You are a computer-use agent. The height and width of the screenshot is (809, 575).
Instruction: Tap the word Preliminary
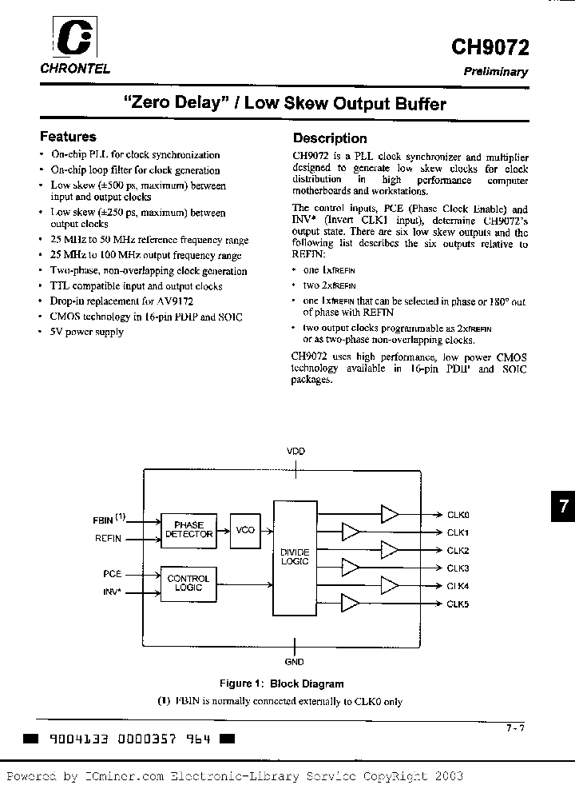[496, 72]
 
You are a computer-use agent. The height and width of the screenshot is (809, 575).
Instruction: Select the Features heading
[68, 137]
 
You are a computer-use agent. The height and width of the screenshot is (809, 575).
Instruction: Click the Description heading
[330, 138]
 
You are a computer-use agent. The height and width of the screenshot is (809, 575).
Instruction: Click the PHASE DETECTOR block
[188, 529]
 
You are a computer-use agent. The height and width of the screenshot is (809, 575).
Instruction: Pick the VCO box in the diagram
[245, 529]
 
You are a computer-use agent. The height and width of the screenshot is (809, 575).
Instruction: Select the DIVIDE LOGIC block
[295, 557]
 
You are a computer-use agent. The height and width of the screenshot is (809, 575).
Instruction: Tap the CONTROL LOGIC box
[188, 583]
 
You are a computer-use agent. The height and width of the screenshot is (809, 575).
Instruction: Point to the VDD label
[295, 452]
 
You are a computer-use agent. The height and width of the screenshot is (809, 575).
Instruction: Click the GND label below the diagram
[295, 663]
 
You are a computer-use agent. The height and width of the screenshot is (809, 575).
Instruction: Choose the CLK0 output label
[458, 515]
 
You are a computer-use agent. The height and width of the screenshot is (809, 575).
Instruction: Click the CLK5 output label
[458, 604]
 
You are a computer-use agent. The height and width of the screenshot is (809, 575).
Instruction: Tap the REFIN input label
[109, 539]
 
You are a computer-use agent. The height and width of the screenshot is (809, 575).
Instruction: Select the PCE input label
[112, 574]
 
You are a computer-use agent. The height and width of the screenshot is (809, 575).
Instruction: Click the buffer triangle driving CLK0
[390, 514]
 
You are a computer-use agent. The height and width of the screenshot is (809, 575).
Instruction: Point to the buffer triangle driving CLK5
[350, 604]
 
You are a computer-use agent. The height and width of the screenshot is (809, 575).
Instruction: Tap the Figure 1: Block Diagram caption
[282, 683]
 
